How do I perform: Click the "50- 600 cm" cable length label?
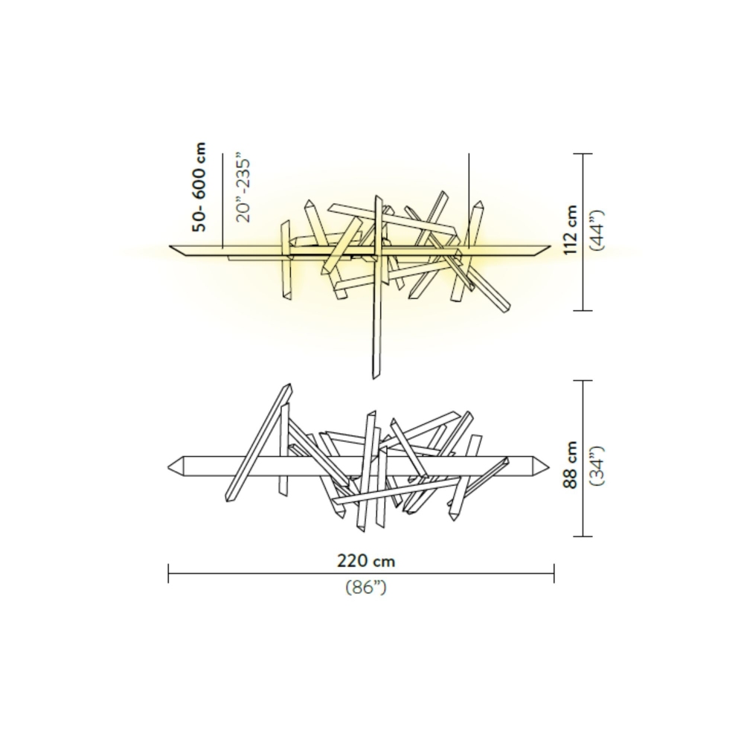tap(199, 187)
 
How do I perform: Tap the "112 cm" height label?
tap(571, 231)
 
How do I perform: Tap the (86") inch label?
tap(365, 587)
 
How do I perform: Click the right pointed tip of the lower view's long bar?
tap(551, 466)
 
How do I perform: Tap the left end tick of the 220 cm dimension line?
tap(169, 572)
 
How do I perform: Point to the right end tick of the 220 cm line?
tap(554, 572)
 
